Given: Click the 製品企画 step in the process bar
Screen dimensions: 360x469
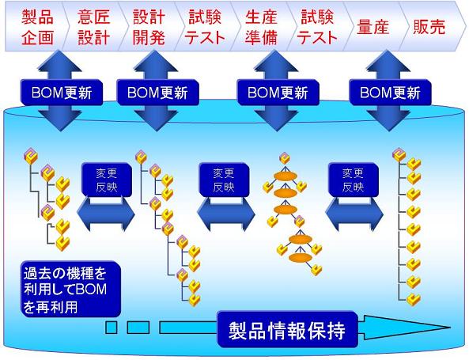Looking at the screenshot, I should pos(30,26).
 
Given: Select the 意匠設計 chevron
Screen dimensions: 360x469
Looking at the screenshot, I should pos(90,26).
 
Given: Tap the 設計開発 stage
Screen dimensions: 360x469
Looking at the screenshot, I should pos(148,26).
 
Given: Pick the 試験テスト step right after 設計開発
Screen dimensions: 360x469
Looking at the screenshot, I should pos(206,26).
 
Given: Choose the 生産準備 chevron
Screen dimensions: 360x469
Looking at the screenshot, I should pos(263,26).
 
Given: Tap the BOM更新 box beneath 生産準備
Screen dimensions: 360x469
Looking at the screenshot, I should pos(270,92).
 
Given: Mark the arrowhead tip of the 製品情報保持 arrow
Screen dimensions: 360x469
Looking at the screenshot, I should pos(457,328).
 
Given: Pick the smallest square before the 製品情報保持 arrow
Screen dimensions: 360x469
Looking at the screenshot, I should pos(112,327).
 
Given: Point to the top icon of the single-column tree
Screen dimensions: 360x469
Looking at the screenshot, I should pos(399,155).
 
